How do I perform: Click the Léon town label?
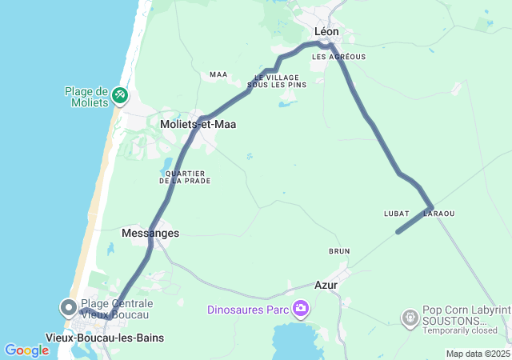tap(326, 31)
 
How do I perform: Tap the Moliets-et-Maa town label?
tap(198, 125)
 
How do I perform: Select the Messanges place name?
tap(150, 233)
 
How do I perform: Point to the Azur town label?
tap(326, 285)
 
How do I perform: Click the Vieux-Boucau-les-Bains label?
tap(105, 338)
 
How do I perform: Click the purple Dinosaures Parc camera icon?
tap(301, 308)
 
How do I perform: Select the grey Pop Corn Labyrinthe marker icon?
tap(410, 318)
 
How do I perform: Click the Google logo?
tap(26, 350)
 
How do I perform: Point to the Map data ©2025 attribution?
tap(478, 354)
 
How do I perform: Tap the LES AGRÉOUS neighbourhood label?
tap(338, 57)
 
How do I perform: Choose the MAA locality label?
tap(218, 74)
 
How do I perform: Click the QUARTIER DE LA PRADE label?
tap(185, 177)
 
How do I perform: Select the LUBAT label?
tap(396, 214)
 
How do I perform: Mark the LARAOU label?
tap(439, 214)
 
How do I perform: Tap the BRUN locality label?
tap(339, 251)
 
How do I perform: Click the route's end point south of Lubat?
tap(398, 233)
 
